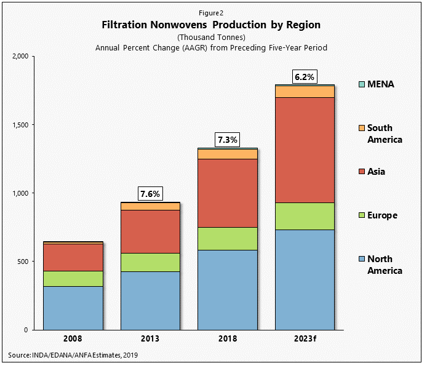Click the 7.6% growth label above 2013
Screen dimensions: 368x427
point(150,194)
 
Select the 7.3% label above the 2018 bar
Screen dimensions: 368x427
point(228,140)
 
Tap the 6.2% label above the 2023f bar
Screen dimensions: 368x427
point(305,77)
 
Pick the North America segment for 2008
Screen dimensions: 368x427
point(73,308)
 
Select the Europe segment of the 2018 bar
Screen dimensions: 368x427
point(228,238)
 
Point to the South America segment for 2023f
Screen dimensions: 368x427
point(305,91)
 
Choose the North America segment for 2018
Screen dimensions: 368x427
point(228,289)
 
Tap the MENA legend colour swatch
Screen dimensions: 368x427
point(361,84)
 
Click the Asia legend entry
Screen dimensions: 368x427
point(376,172)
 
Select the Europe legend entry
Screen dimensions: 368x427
point(382,215)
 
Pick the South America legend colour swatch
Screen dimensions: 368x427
point(361,128)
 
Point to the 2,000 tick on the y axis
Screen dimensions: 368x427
point(21,57)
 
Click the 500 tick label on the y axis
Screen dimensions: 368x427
point(24,262)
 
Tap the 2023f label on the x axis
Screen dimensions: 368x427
point(305,339)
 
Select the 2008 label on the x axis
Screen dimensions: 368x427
point(73,339)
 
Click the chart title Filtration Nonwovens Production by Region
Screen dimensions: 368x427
point(211,25)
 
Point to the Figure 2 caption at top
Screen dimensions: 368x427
point(211,12)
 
